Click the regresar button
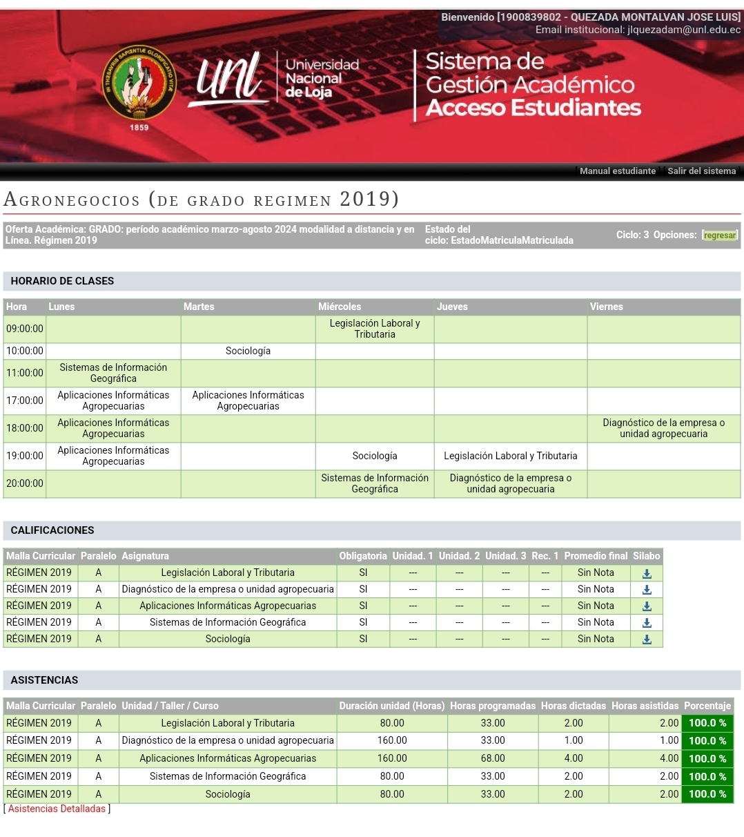720,235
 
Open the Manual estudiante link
618,171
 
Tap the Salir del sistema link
701,171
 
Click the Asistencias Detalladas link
57,809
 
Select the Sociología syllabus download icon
647,639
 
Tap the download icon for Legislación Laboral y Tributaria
647,573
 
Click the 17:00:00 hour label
25,401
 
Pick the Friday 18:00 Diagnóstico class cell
663,428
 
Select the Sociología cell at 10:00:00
248,351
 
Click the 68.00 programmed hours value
493,758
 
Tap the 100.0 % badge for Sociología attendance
707,794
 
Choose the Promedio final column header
596,556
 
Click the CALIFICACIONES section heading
52,530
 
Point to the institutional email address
683,30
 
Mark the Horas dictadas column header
573,706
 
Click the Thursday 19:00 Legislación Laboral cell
510,456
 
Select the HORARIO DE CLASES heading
62,281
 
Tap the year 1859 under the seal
139,127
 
